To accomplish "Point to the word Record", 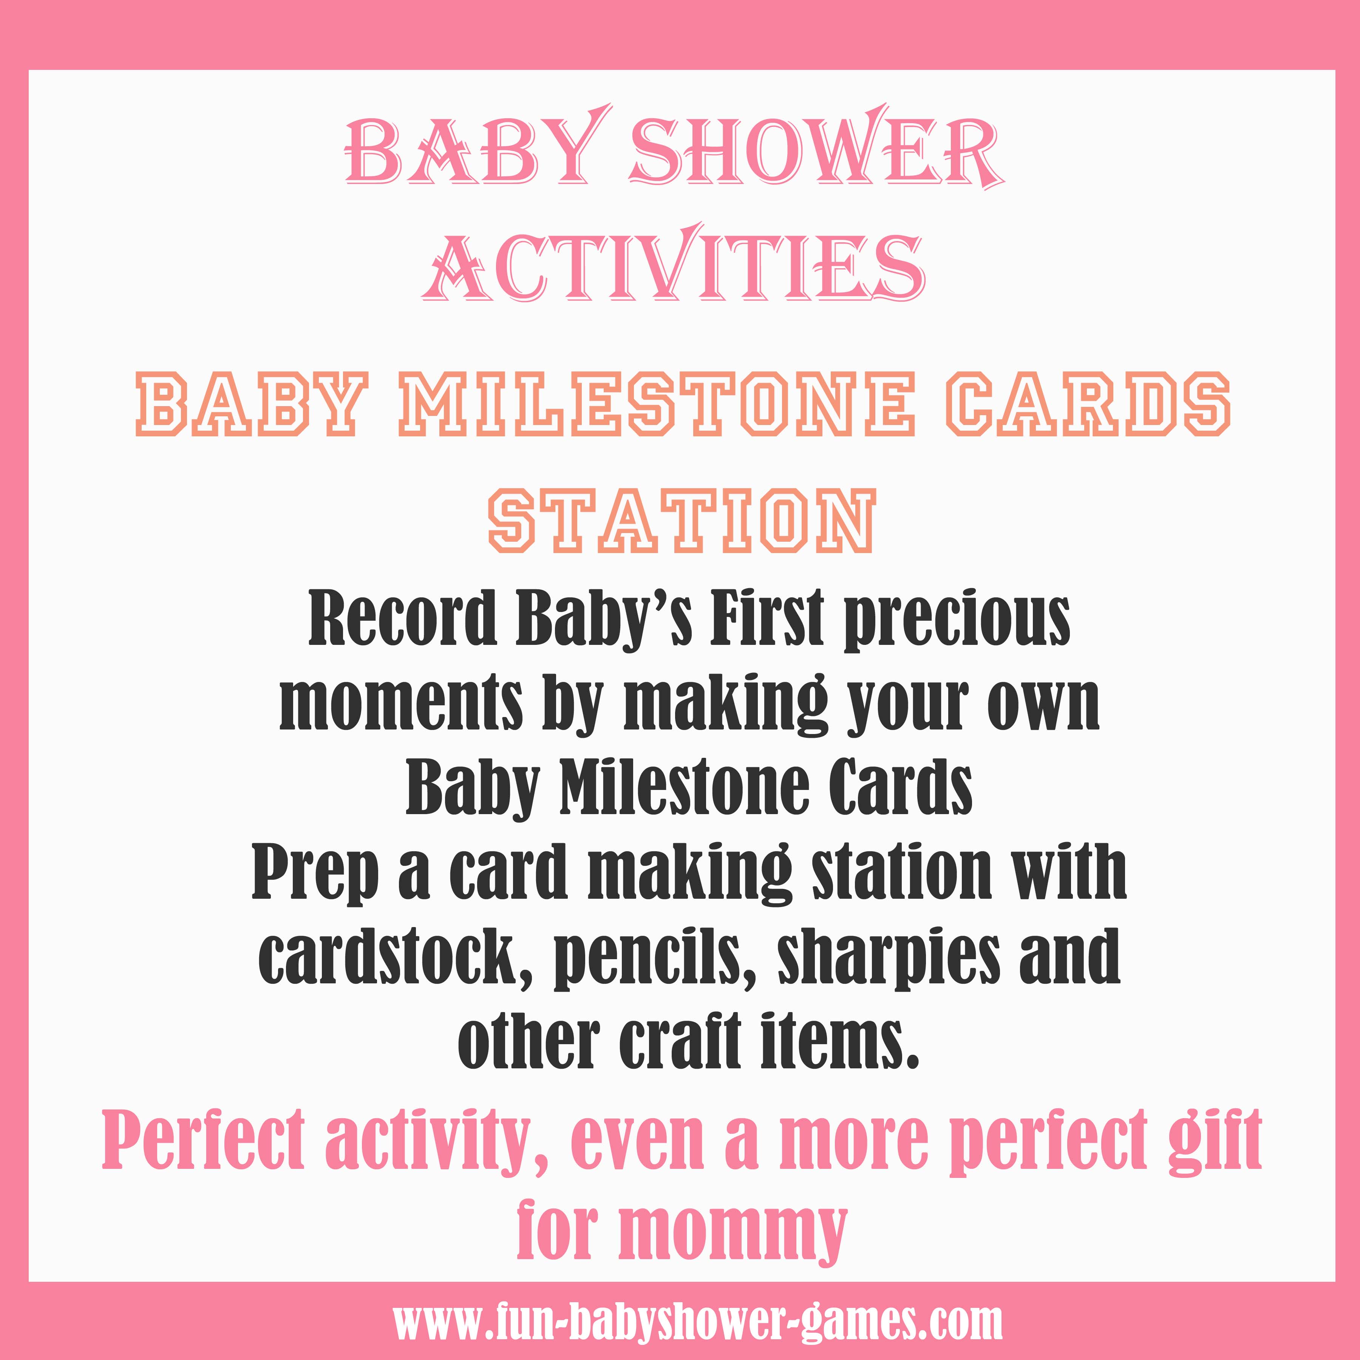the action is pos(403,620).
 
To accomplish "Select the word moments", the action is pos(401,704).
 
